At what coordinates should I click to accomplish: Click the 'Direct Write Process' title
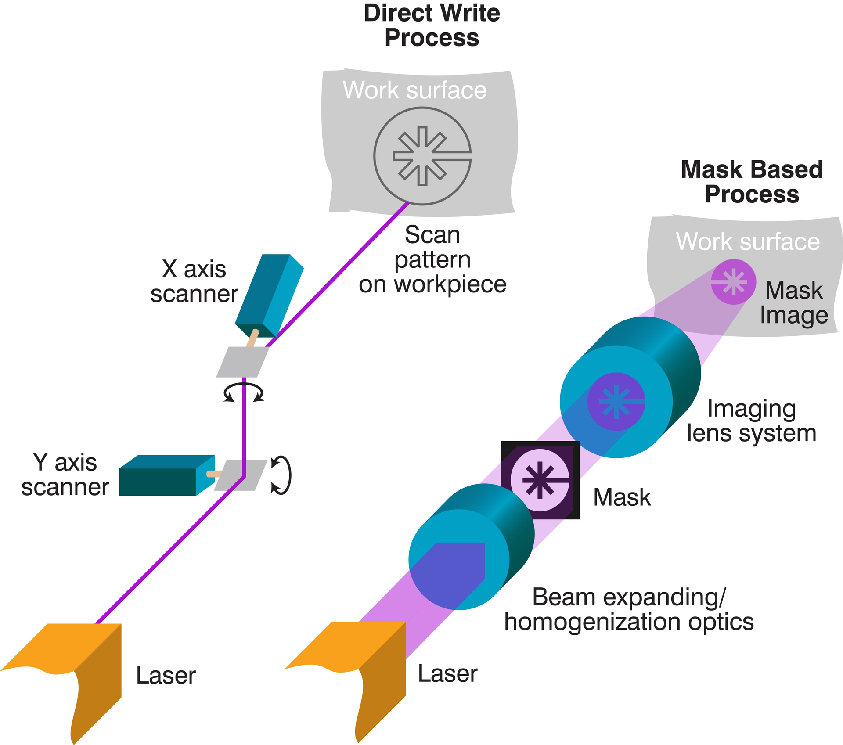pos(432,25)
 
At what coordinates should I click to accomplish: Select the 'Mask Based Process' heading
pos(752,182)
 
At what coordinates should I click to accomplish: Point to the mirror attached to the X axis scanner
pos(242,362)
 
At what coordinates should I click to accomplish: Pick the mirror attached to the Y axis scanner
pos(241,475)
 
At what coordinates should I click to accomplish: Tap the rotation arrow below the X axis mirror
pos(244,392)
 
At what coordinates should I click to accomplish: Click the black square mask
pos(540,480)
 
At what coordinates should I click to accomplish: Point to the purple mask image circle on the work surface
pos(733,282)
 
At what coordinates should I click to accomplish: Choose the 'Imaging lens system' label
pos(752,421)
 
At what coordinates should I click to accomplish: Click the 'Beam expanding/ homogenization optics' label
pos(629,609)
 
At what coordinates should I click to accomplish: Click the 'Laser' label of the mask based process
pos(447,673)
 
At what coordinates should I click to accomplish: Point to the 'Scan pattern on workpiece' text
pos(432,259)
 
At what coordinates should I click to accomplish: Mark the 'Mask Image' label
pos(794,302)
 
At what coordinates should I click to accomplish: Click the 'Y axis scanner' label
pos(65,475)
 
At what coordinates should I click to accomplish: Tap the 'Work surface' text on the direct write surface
pos(414,90)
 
